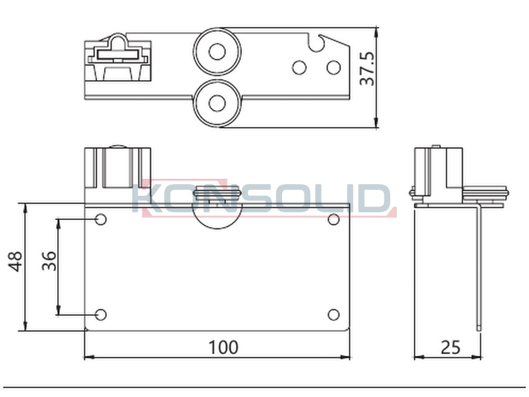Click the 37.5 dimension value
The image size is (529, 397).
(x=367, y=68)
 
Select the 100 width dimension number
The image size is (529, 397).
(x=223, y=347)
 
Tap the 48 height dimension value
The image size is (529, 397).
(x=15, y=261)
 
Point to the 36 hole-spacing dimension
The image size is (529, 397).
(x=49, y=261)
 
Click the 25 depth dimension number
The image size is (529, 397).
(x=450, y=347)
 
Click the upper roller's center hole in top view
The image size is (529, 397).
(x=217, y=52)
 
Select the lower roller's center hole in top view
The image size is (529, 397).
(x=217, y=104)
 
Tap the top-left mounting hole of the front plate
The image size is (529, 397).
(x=101, y=219)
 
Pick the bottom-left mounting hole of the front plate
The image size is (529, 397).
(x=101, y=315)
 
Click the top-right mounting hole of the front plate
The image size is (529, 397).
(x=333, y=219)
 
